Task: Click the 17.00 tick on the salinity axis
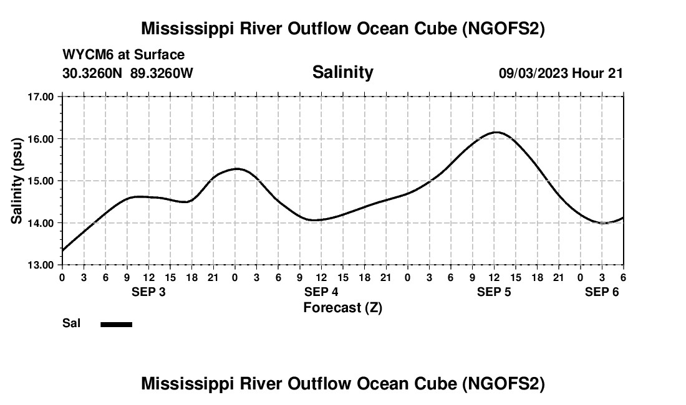click(41, 97)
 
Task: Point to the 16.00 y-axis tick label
click(41, 139)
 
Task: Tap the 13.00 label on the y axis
click(41, 265)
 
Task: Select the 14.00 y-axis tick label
click(41, 223)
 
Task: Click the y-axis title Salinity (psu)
click(17, 181)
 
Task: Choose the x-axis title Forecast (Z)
click(342, 308)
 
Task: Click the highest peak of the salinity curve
click(495, 132)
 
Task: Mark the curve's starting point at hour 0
click(62, 250)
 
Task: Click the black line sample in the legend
click(116, 324)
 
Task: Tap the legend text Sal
click(70, 323)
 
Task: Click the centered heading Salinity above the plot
click(342, 72)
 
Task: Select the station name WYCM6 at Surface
click(123, 55)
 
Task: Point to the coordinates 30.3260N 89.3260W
click(128, 73)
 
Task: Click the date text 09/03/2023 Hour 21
click(561, 73)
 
